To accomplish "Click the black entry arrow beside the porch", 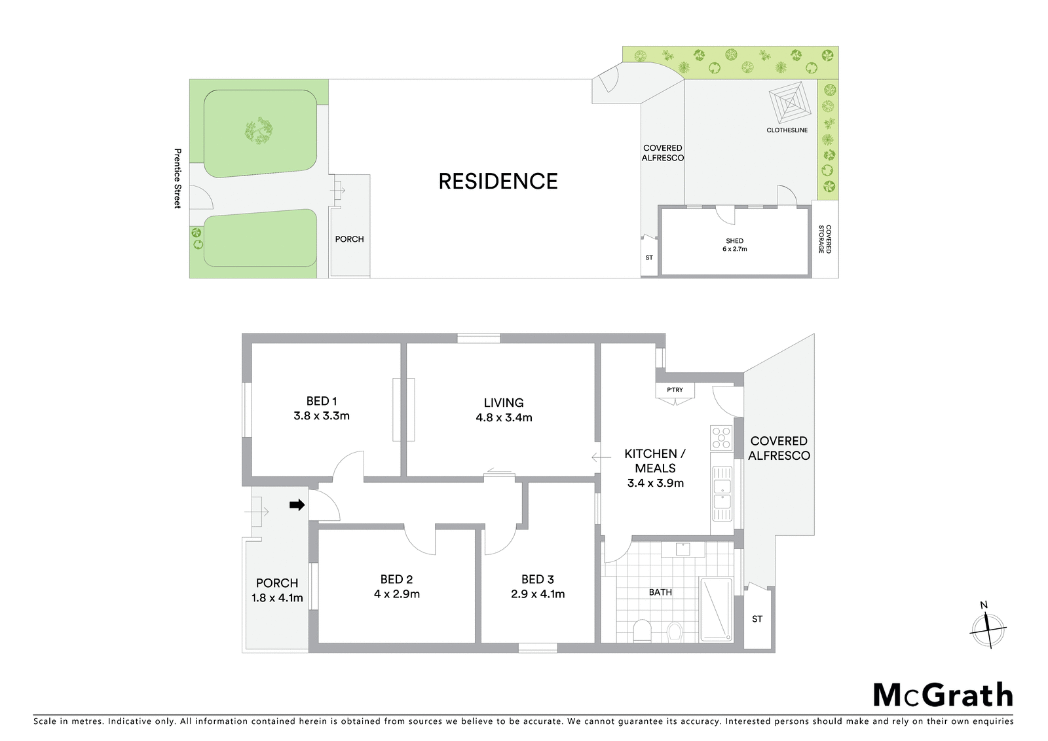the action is tap(297, 504).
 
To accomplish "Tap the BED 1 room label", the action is tap(322, 401).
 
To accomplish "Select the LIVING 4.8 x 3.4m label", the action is tap(504, 409).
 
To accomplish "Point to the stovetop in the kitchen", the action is tap(721, 438).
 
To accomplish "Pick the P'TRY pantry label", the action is tap(675, 389).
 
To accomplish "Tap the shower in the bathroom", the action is tap(716, 609).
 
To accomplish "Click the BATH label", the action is tap(660, 592).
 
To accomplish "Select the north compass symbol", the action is tap(988, 628).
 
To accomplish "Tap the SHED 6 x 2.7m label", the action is tap(734, 245).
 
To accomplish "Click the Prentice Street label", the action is tap(178, 178).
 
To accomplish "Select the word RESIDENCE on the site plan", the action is tap(498, 181).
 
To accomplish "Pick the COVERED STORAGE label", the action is tap(825, 239).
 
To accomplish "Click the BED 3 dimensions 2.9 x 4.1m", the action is tap(538, 594).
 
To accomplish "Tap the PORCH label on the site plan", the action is tap(349, 239).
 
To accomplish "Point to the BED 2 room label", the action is tap(396, 579).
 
